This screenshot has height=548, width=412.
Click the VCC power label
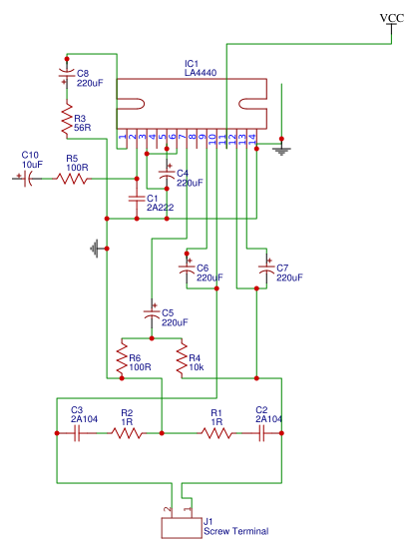tap(391, 18)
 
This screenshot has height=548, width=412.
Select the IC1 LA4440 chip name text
tap(201, 68)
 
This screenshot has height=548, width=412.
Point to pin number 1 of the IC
tap(122, 137)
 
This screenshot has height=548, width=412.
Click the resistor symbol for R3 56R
tap(67, 119)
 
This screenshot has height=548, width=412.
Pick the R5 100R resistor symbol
tap(72, 179)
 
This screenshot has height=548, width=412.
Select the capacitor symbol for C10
tap(27, 179)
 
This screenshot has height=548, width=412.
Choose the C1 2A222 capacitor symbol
tap(137, 199)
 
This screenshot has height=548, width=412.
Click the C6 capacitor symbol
tap(187, 269)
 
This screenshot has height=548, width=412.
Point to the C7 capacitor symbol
tap(266, 269)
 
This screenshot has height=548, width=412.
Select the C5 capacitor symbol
tap(152, 312)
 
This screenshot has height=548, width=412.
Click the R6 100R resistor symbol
tap(122, 358)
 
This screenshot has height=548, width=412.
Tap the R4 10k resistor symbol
tap(182, 358)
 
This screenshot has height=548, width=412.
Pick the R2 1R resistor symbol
tap(127, 433)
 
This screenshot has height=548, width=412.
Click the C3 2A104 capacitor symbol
tap(77, 433)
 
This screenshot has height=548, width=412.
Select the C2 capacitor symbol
tap(261, 433)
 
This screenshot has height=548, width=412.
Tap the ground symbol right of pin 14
tap(281, 151)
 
